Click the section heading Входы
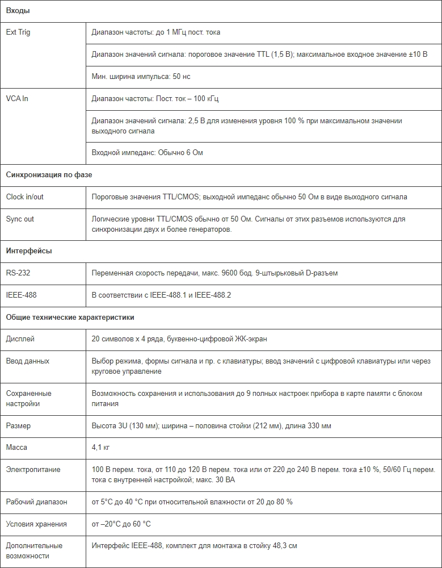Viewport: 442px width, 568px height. pyautogui.click(x=18, y=11)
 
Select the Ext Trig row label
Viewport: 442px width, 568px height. pyautogui.click(x=18, y=32)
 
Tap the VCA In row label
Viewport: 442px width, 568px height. pyautogui.click(x=17, y=99)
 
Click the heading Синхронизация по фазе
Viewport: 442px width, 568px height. pyautogui.click(x=49, y=175)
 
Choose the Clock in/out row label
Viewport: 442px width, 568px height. pyautogui.click(x=24, y=197)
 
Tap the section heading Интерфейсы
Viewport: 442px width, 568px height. pyautogui.click(x=29, y=250)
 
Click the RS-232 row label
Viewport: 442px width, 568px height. pyautogui.click(x=18, y=273)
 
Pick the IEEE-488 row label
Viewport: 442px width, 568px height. pyautogui.click(x=21, y=295)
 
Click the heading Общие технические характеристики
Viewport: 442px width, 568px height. pyautogui.click(x=70, y=317)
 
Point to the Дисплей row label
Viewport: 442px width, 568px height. pyautogui.click(x=20, y=339)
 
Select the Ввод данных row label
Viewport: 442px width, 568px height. pyautogui.click(x=27, y=361)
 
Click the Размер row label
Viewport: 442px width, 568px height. pyautogui.click(x=18, y=426)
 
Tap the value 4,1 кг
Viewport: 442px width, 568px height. pyautogui.click(x=100, y=448)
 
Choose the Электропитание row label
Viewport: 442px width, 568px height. pyautogui.click(x=33, y=470)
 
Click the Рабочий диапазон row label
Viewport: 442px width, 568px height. pyautogui.click(x=36, y=502)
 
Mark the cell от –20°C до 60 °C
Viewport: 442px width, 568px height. pyautogui.click(x=121, y=524)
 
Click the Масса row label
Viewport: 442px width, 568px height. pyautogui.click(x=16, y=448)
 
